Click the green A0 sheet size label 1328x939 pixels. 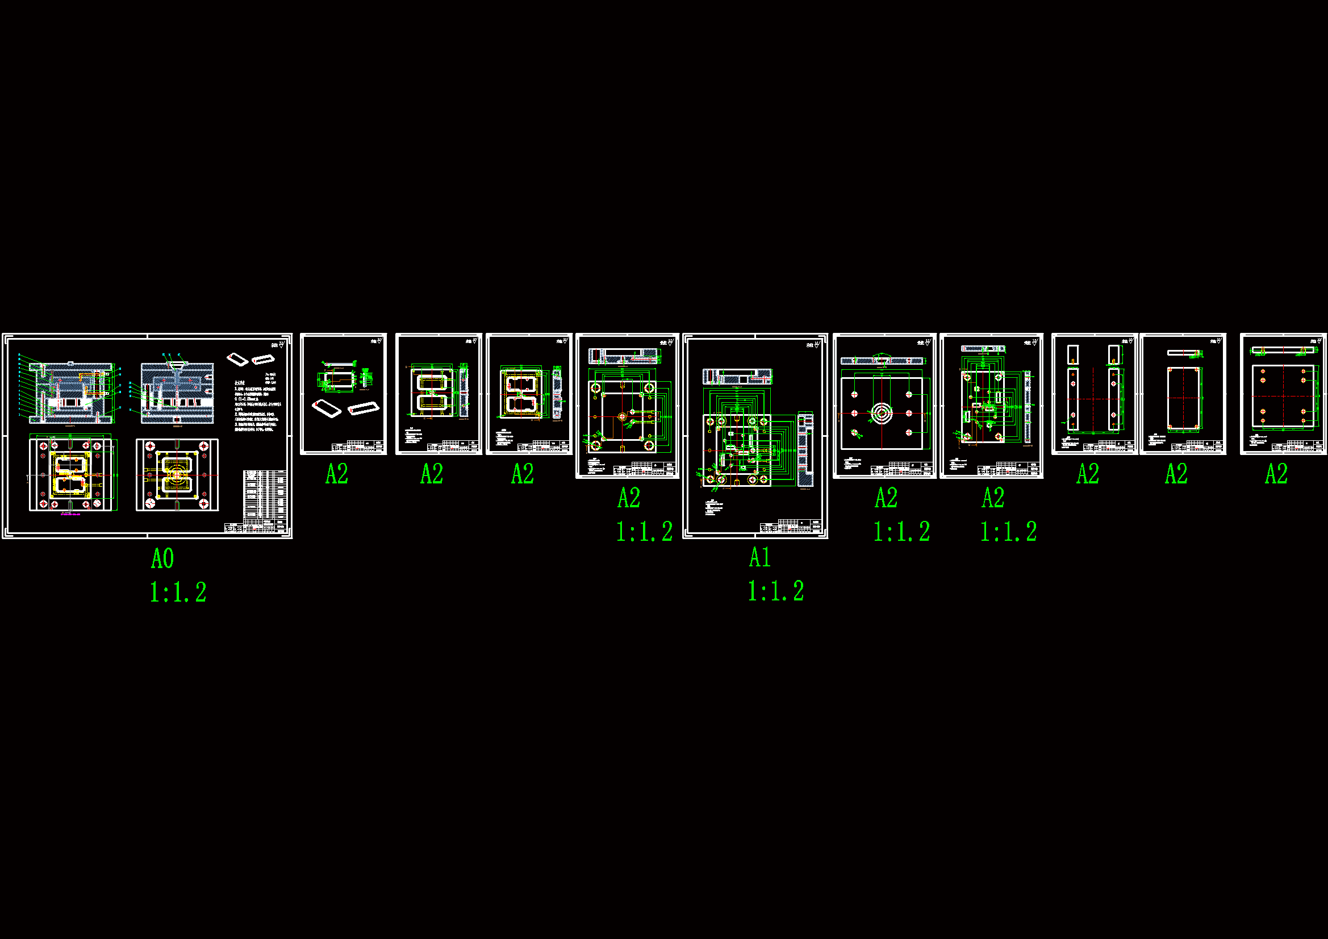[x=162, y=558]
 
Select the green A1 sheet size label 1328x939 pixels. [x=760, y=557]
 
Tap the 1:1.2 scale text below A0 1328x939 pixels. [x=178, y=592]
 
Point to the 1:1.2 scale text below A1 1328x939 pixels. [x=776, y=591]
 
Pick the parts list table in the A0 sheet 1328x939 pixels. [x=264, y=495]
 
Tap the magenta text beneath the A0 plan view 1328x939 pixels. [x=70, y=514]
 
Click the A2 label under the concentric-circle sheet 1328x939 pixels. [x=886, y=498]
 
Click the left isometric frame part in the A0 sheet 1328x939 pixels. [x=237, y=359]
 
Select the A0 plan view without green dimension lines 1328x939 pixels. [x=177, y=475]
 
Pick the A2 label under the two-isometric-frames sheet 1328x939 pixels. [x=337, y=474]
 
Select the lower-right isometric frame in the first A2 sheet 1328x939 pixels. [x=363, y=408]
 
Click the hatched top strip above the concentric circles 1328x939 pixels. [x=883, y=361]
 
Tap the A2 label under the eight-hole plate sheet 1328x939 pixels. [x=1276, y=474]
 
